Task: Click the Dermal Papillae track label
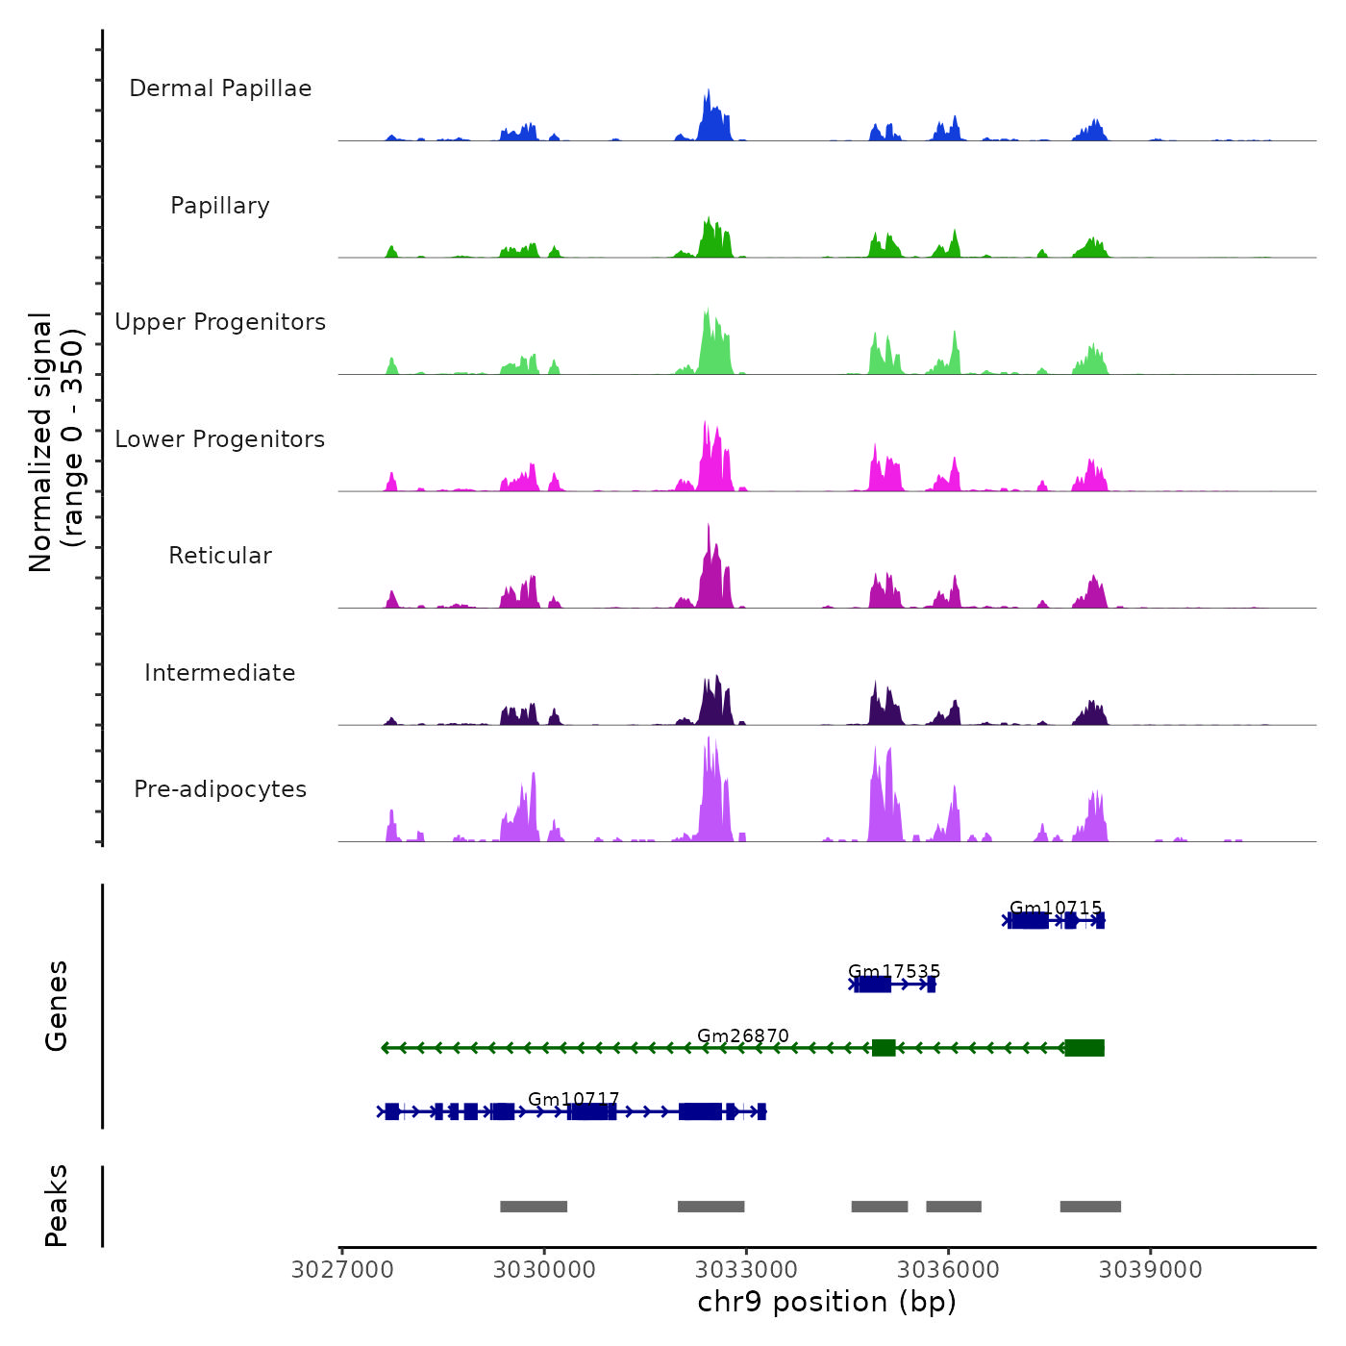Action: tap(220, 88)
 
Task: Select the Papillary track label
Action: tap(220, 206)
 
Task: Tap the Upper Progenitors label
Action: tap(220, 322)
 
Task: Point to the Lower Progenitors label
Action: tap(220, 439)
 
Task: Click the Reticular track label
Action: tap(220, 556)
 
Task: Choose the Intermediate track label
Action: tap(220, 673)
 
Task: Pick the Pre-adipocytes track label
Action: tap(220, 789)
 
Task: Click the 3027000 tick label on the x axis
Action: tap(342, 1270)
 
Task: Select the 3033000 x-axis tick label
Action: tap(746, 1270)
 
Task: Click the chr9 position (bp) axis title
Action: tap(827, 1302)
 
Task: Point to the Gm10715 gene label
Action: tap(1056, 909)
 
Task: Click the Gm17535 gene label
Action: tap(894, 972)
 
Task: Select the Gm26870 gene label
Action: tap(743, 1035)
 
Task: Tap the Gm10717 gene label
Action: tap(574, 1099)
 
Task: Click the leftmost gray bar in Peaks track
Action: tap(534, 1207)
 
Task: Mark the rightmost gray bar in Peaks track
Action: tap(1090, 1207)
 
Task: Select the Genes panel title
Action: tap(57, 1006)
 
